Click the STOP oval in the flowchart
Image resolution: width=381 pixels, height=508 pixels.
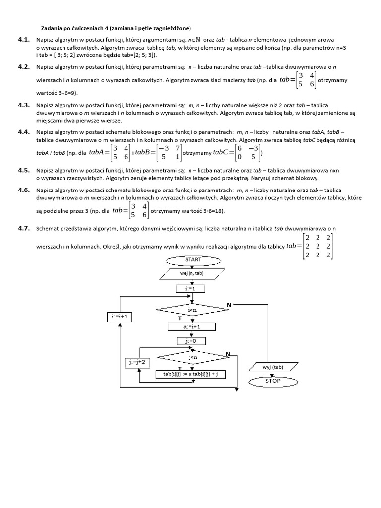[272, 381]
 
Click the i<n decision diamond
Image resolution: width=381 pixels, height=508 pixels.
[192, 310]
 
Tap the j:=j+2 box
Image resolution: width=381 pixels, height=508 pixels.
[138, 363]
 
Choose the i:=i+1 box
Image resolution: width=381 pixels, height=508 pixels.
[120, 317]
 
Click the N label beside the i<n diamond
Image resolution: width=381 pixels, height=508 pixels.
[229, 304]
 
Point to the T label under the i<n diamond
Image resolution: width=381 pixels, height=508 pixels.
[173, 318]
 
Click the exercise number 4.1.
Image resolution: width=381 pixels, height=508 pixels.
[24, 39]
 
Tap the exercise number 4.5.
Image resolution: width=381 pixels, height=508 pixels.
[24, 170]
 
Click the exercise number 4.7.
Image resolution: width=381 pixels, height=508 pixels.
[24, 228]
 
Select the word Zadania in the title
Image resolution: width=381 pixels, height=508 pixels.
[52, 28]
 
